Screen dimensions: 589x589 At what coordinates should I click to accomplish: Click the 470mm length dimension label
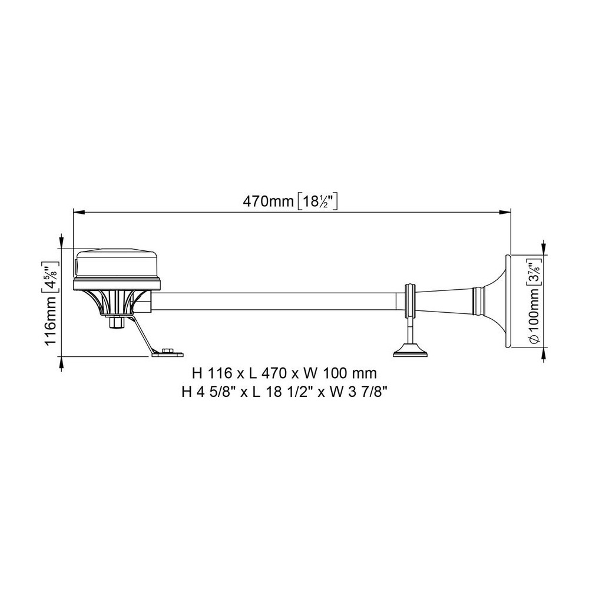[268, 201]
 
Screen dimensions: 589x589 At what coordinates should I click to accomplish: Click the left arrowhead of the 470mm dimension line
[78, 212]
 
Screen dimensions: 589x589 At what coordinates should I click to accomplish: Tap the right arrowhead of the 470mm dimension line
[505, 212]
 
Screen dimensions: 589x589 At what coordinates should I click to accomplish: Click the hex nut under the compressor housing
[117, 322]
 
